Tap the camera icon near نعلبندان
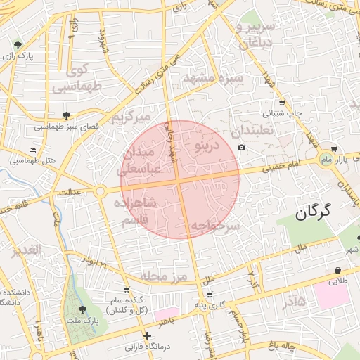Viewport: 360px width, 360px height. [x=242, y=147]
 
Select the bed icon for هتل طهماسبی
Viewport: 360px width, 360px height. [x=32, y=150]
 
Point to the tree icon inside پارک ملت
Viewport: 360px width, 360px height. [x=82, y=309]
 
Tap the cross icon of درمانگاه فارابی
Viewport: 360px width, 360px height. [x=147, y=336]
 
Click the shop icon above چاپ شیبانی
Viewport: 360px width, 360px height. [x=281, y=103]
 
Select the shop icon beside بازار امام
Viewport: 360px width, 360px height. [x=333, y=149]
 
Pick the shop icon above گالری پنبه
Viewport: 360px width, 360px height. [x=209, y=294]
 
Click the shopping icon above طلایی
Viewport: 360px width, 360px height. [x=338, y=270]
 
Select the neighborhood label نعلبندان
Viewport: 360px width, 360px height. [x=256, y=131]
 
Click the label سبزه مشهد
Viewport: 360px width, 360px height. [x=212, y=77]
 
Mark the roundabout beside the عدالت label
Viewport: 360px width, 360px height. [x=101, y=191]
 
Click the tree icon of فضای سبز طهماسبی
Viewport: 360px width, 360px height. [x=67, y=115]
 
